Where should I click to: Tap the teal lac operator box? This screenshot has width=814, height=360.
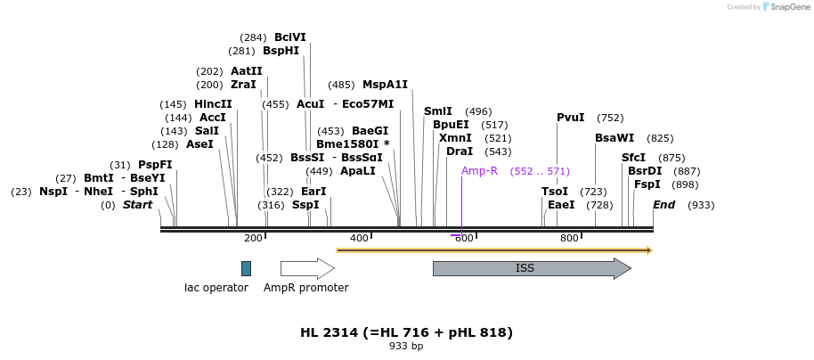246,268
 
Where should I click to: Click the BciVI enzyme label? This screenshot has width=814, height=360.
289,37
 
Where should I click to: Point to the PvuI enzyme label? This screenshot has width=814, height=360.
571,118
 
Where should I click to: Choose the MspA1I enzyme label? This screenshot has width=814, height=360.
385,86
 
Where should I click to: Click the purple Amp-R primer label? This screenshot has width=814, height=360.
479,171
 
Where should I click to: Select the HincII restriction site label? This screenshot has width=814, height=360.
213,104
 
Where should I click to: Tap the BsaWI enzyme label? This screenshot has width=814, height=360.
615,138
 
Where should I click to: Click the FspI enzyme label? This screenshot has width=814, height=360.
647,184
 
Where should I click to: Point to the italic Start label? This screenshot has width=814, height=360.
137,205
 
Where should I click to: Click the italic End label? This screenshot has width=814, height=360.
663,205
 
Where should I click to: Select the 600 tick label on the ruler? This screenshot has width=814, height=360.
463,239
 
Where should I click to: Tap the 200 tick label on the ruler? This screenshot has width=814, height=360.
253,239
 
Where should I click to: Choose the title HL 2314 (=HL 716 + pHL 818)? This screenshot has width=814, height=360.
406,332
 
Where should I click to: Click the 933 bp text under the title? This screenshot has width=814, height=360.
406,346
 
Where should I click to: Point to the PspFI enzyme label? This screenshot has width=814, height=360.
155,165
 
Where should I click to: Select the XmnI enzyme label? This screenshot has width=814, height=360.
455,138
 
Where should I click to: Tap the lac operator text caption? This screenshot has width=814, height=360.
216,288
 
